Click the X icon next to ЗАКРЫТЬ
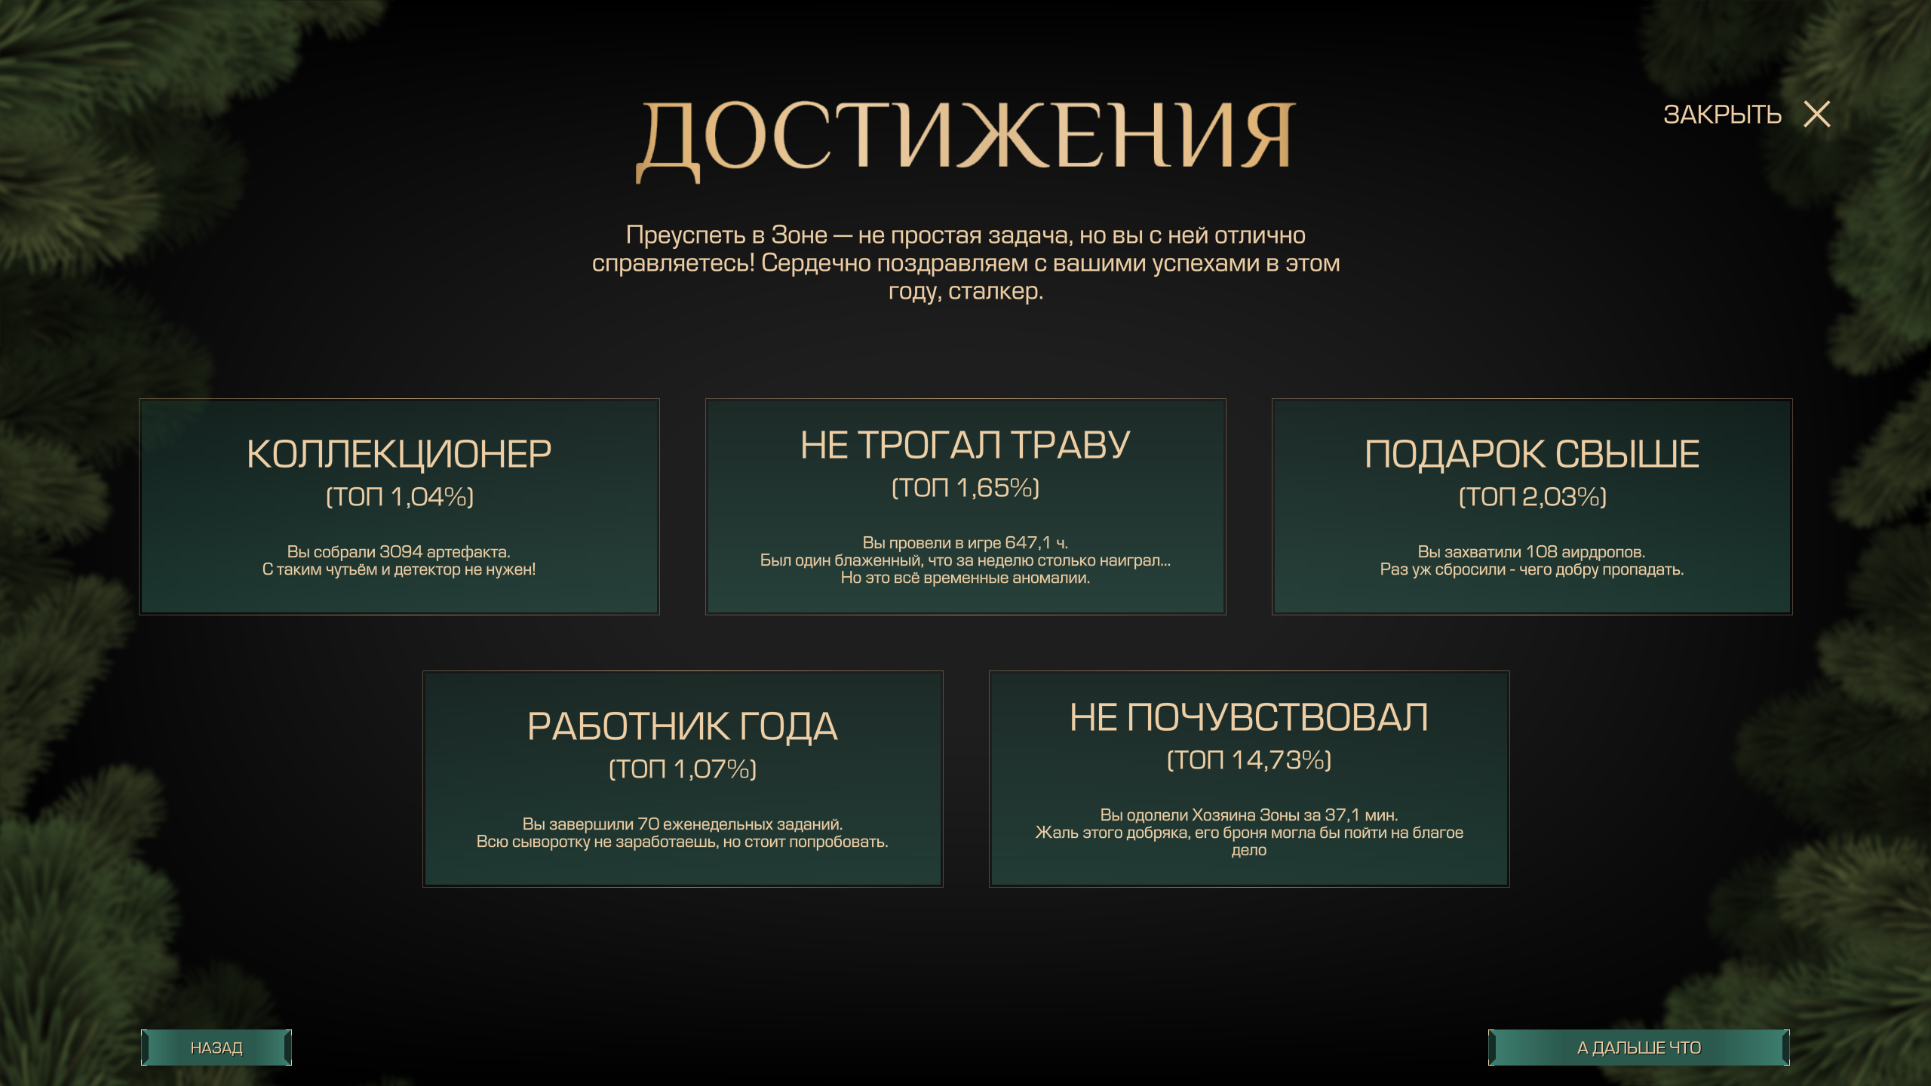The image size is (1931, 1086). tap(1816, 115)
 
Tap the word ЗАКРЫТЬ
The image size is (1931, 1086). tap(1722, 115)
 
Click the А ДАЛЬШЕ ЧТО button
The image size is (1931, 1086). tap(1638, 1048)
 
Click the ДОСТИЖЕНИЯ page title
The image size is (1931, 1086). tap(965, 137)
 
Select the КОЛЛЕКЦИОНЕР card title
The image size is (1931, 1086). tap(399, 454)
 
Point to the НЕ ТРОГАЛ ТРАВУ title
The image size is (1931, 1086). tap(965, 445)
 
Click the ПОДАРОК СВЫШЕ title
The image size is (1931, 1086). tap(1532, 454)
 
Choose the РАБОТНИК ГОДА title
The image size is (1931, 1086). tap(683, 726)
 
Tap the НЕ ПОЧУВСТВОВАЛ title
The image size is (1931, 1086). tap(1249, 717)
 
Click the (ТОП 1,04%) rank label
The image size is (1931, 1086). tap(399, 496)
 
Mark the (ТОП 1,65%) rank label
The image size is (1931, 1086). tap(965, 488)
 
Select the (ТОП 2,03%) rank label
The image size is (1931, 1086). tap(1532, 496)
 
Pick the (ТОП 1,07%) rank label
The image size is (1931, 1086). tap(683, 768)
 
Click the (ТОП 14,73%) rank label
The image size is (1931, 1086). tap(1249, 759)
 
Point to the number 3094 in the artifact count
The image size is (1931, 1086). tap(401, 552)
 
